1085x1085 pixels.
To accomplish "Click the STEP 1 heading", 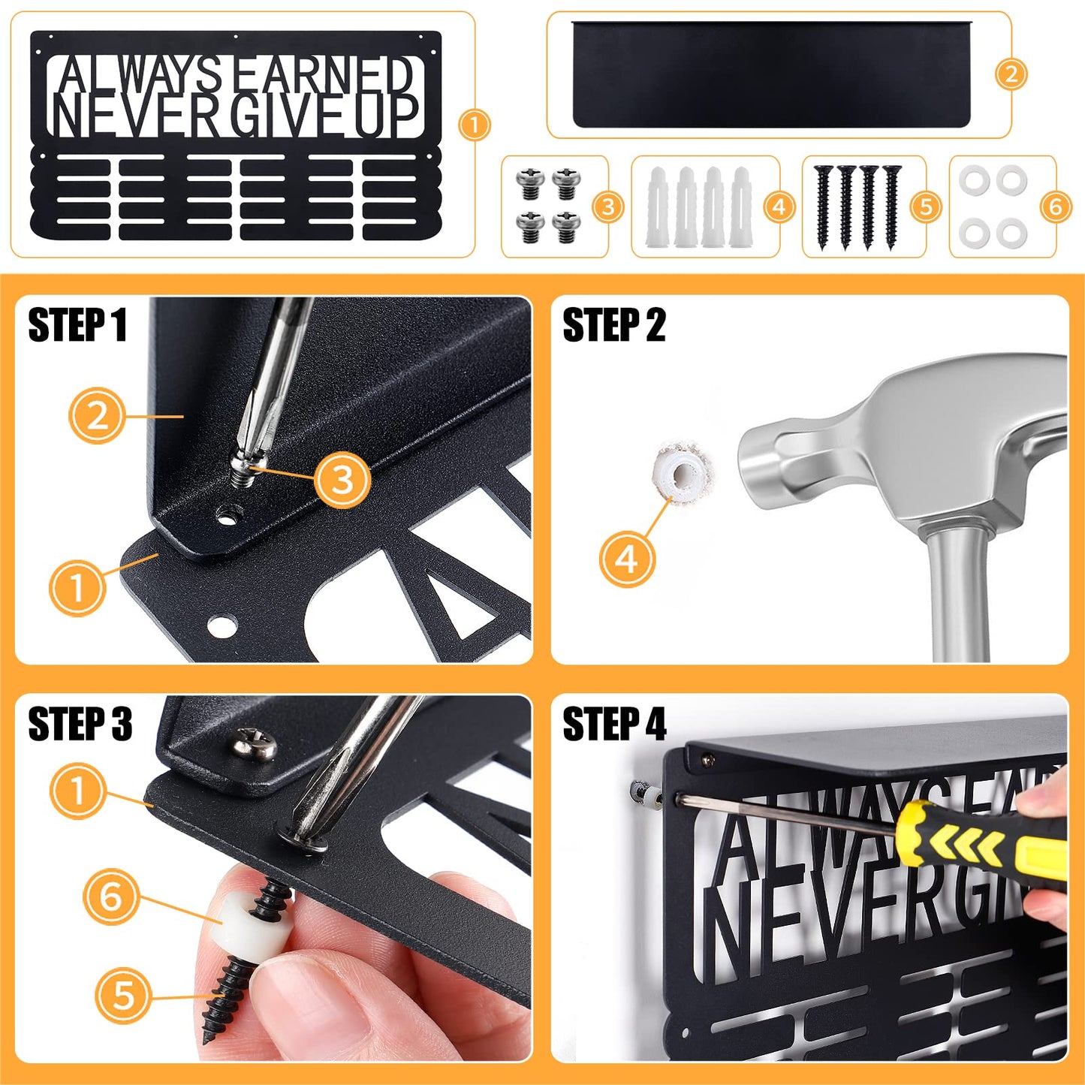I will [x=77, y=325].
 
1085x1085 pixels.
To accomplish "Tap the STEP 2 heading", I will [x=613, y=325].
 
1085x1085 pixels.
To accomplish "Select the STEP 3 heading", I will [x=80, y=724].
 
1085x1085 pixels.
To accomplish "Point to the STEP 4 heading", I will [x=614, y=724].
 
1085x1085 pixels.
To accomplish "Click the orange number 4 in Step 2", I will [x=627, y=559].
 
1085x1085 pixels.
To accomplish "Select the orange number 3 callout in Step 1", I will [x=342, y=479].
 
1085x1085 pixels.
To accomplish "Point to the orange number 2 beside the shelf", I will [x=1011, y=74].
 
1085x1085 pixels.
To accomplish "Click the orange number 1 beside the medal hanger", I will [x=474, y=125].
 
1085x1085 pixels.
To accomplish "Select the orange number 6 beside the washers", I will [x=1055, y=206].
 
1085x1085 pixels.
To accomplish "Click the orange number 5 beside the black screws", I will [x=926, y=206].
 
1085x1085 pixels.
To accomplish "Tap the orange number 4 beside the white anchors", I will [x=779, y=206].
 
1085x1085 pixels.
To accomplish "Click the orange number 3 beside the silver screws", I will [x=608, y=206].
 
